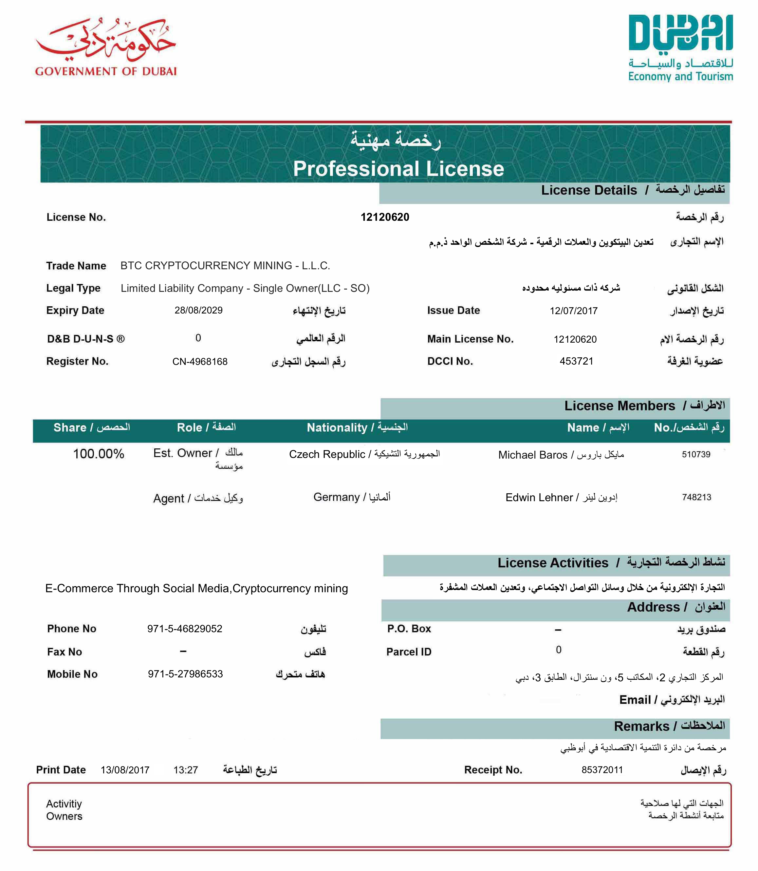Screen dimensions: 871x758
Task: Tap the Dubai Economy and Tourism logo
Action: [x=680, y=47]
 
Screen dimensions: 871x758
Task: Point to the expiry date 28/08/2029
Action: [x=198, y=310]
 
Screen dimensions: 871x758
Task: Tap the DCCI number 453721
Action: [x=576, y=361]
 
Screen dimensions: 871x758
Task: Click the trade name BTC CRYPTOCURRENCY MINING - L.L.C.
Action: [x=225, y=266]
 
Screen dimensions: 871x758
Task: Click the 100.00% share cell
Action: [x=99, y=454]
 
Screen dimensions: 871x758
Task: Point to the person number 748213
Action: [x=696, y=497]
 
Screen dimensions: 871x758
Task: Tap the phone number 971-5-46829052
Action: [x=185, y=629]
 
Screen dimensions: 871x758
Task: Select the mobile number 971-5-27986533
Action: [x=185, y=674]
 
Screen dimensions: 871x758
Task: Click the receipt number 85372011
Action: [x=602, y=770]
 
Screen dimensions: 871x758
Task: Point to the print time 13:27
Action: [x=186, y=770]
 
